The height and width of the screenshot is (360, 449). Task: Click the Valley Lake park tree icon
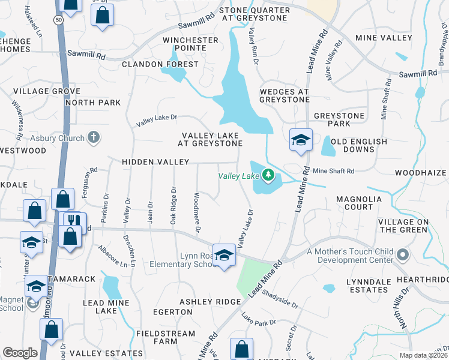[270, 176]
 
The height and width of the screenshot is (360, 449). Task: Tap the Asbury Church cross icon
[93, 138]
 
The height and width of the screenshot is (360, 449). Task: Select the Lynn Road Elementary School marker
[224, 256]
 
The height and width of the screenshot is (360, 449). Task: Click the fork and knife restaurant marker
[74, 221]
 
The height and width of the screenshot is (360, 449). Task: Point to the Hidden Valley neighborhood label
[155, 163]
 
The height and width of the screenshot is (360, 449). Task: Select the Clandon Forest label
[160, 64]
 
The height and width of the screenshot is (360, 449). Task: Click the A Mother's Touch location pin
[402, 256]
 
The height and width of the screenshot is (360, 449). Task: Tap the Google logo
[20, 353]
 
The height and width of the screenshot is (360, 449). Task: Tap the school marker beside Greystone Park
[301, 140]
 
